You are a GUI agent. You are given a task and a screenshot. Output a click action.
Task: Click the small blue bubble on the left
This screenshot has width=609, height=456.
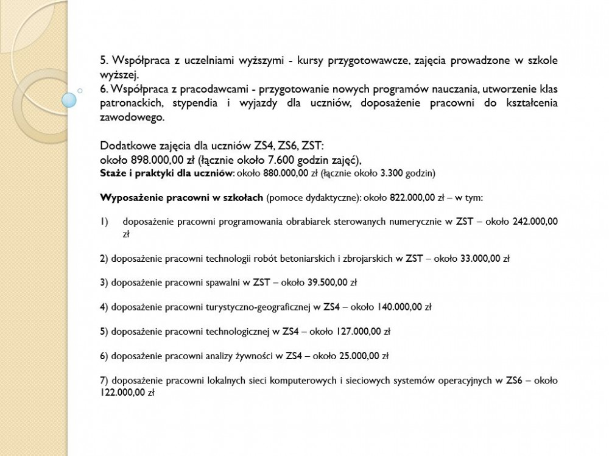(71, 98)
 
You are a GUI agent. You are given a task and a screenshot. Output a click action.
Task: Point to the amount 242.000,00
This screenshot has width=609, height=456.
(535, 222)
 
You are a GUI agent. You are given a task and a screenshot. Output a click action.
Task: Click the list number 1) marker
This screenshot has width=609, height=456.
(104, 222)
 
